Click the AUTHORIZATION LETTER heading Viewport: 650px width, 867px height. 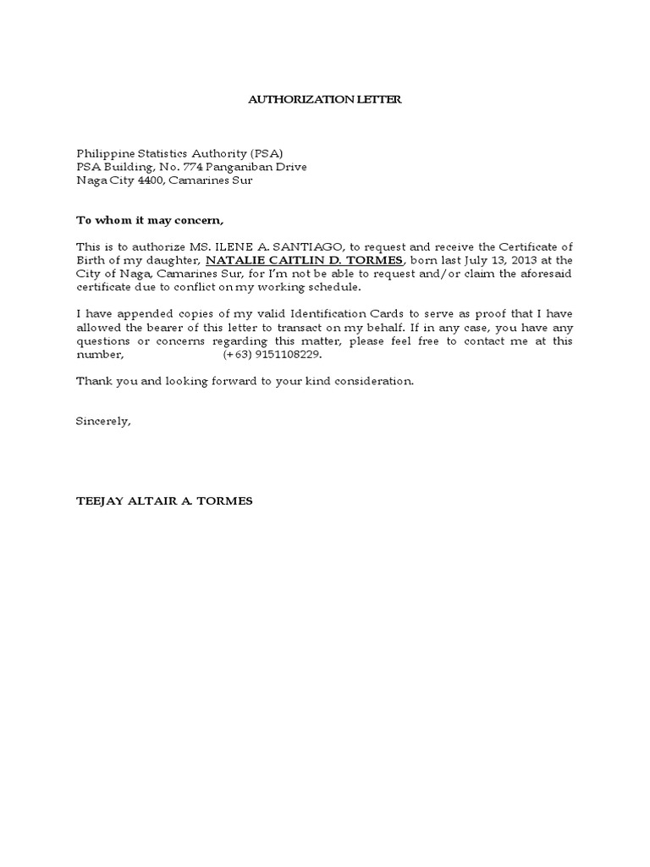click(324, 100)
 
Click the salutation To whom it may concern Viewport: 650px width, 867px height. click(151, 222)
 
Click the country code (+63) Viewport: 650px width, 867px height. click(238, 355)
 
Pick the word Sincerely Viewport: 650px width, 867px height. click(103, 421)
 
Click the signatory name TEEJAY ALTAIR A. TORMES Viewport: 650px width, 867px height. click(164, 500)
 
